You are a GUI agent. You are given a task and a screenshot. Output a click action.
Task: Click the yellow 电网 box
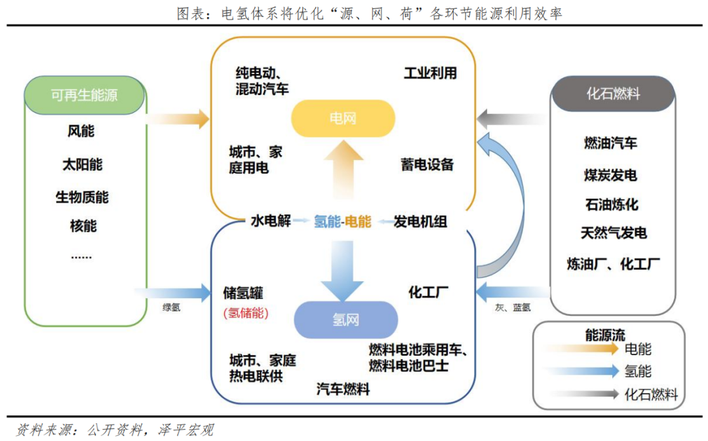click(343, 119)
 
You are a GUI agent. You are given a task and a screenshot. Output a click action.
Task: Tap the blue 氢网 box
click(345, 320)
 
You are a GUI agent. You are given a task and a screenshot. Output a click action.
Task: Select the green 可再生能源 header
click(84, 95)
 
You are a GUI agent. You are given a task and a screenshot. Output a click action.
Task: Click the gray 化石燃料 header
click(613, 94)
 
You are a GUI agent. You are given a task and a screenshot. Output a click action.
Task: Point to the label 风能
click(81, 131)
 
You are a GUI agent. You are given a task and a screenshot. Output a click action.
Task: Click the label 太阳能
click(83, 164)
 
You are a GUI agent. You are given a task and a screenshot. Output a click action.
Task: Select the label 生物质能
click(82, 197)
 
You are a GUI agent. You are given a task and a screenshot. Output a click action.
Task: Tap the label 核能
click(83, 226)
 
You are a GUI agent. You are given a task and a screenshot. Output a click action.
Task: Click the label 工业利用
click(430, 73)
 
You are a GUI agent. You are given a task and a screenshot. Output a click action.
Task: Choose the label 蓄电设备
click(427, 164)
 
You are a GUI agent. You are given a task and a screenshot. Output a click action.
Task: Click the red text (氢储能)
click(246, 313)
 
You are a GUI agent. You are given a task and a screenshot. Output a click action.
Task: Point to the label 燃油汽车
click(610, 143)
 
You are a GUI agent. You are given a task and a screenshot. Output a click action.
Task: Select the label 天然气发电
click(614, 233)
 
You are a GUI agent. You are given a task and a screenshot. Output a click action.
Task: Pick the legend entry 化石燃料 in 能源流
click(651, 394)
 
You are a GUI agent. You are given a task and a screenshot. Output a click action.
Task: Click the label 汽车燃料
click(343, 389)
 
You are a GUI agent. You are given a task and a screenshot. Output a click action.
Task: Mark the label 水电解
click(270, 221)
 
